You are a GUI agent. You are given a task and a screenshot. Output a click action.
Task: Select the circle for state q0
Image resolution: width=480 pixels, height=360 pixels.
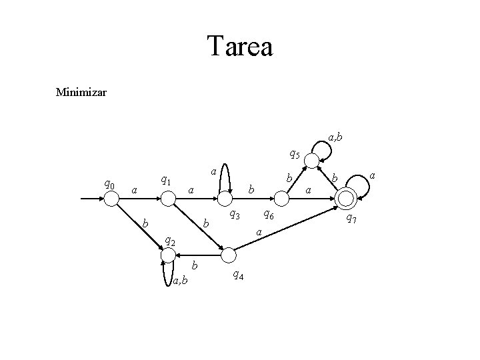point(113,198)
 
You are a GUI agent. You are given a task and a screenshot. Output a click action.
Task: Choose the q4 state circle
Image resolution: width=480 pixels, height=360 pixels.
point(229,254)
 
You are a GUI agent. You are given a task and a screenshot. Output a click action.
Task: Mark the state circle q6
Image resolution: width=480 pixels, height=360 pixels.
point(283,198)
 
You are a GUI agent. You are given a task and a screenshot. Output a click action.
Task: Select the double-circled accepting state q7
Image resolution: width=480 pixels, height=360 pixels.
point(346,198)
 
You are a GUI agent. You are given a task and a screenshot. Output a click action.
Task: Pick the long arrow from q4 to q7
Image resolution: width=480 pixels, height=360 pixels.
point(287,227)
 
